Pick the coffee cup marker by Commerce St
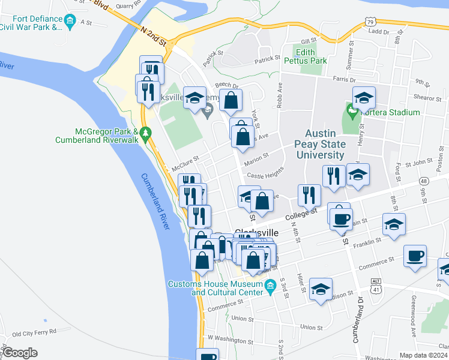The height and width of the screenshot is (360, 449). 415,256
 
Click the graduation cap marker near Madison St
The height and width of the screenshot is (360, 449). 321,289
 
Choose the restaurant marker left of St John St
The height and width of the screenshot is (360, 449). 333,176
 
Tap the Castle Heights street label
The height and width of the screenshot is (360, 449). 265,176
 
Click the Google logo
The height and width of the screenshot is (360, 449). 20,353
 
